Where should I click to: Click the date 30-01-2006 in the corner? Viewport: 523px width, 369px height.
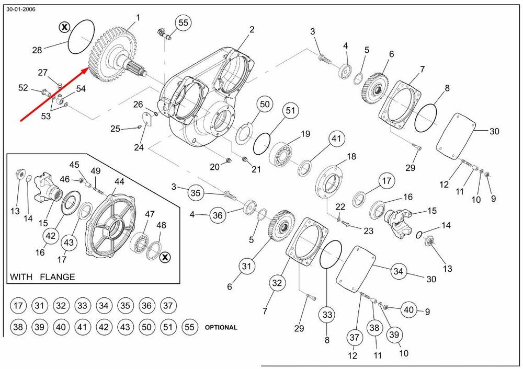[21, 9]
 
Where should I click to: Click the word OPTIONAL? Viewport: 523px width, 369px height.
[221, 328]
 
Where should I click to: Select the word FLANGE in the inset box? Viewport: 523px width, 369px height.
[58, 277]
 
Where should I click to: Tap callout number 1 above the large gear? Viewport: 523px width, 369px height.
[138, 18]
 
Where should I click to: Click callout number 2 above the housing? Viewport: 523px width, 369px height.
[252, 30]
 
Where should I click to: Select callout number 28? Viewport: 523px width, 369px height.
[37, 50]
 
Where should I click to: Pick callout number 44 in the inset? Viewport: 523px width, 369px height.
[120, 181]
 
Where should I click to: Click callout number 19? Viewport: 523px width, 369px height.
[305, 135]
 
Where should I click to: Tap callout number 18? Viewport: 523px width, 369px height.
[351, 156]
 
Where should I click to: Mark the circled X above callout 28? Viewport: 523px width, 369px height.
[64, 27]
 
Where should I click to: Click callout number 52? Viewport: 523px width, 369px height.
[23, 88]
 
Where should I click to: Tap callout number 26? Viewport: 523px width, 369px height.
[138, 104]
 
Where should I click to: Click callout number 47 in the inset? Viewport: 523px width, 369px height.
[150, 214]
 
